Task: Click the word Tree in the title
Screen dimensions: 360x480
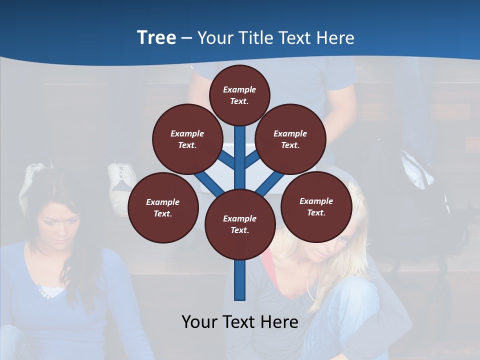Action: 156,37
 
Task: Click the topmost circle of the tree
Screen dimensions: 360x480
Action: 239,94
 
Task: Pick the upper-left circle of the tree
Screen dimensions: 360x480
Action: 187,139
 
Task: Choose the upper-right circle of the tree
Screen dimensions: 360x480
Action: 290,139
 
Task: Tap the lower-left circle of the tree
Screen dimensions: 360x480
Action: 163,207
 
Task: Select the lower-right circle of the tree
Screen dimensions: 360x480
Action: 316,206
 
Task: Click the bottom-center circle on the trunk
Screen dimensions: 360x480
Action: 240,224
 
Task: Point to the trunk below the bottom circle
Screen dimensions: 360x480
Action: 240,280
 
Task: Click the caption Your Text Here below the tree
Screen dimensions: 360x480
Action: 240,322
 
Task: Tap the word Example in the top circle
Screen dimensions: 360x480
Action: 239,89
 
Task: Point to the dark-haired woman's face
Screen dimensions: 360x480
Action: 58,225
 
